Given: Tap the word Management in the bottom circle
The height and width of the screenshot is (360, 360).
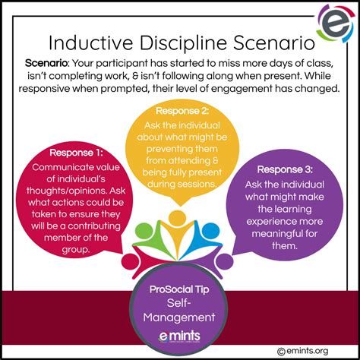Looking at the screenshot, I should [179, 317].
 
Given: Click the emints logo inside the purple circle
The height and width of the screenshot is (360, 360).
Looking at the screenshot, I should [179, 336].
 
